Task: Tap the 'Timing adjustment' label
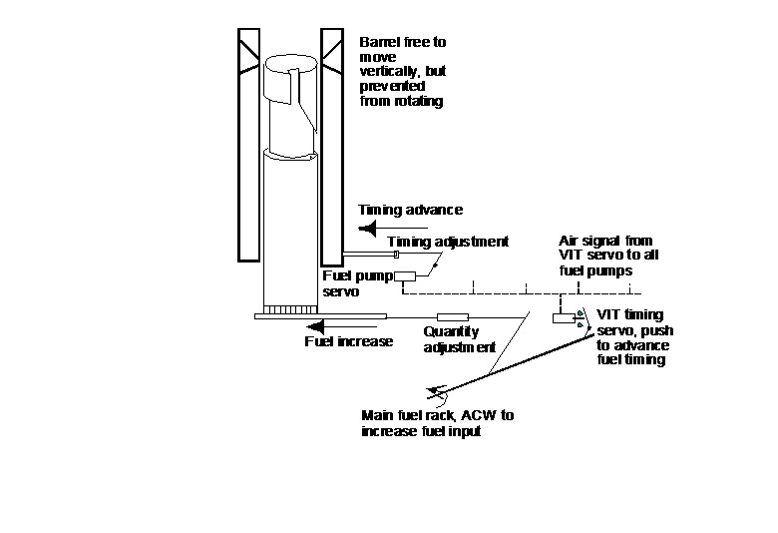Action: coord(448,242)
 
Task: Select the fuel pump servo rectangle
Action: coord(406,276)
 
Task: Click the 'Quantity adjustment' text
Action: coord(459,339)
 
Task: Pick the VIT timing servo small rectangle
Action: coord(562,318)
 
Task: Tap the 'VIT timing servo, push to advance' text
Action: coord(631,336)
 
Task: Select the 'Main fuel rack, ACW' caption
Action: coord(438,422)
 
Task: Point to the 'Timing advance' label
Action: coord(410,210)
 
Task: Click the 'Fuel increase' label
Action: coord(348,341)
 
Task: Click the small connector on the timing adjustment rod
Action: coord(396,255)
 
